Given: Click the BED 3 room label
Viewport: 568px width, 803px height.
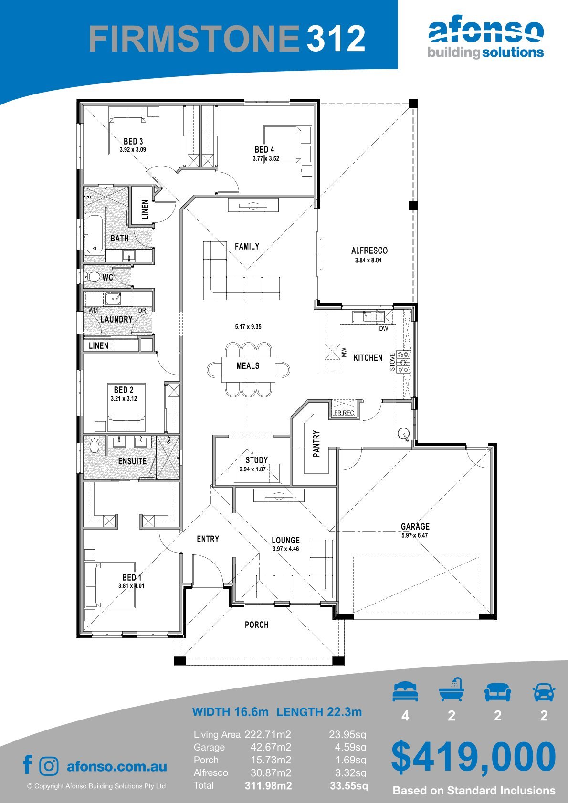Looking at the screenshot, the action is [133, 142].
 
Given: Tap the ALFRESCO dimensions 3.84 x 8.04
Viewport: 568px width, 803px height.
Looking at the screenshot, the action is [368, 260].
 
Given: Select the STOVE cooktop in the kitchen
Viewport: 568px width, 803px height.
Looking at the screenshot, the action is [403, 362].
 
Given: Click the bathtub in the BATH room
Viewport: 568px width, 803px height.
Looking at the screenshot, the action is [95, 233].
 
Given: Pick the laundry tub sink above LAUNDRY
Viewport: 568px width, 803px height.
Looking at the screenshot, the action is [113, 298].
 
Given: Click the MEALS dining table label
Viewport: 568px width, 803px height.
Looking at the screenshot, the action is [248, 365].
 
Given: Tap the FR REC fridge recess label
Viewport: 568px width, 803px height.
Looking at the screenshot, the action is [344, 413].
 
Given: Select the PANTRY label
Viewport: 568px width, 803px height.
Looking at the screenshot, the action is [316, 444].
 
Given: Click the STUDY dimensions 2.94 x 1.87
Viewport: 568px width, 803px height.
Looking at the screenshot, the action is [252, 469].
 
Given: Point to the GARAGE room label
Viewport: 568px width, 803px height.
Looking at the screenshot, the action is [415, 526].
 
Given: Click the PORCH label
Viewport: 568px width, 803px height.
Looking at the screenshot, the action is [257, 625].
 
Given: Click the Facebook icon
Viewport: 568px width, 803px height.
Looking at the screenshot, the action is [28, 764].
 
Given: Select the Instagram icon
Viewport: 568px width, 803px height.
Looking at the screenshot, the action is [49, 766].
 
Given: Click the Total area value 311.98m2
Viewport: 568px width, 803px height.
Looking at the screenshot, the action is [268, 786].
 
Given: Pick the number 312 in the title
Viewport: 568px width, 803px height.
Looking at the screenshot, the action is [336, 38].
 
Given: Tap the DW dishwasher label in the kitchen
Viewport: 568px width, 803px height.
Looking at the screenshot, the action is [384, 328].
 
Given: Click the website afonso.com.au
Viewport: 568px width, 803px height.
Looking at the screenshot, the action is [117, 766].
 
